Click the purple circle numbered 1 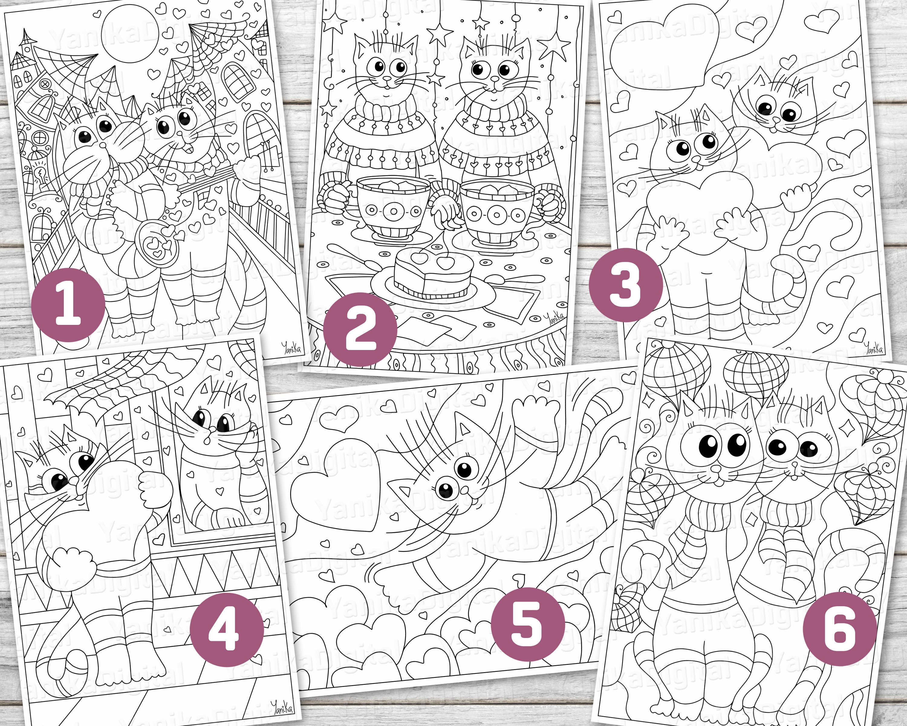[69, 305]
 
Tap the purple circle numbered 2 [360, 329]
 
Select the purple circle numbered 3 [626, 285]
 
